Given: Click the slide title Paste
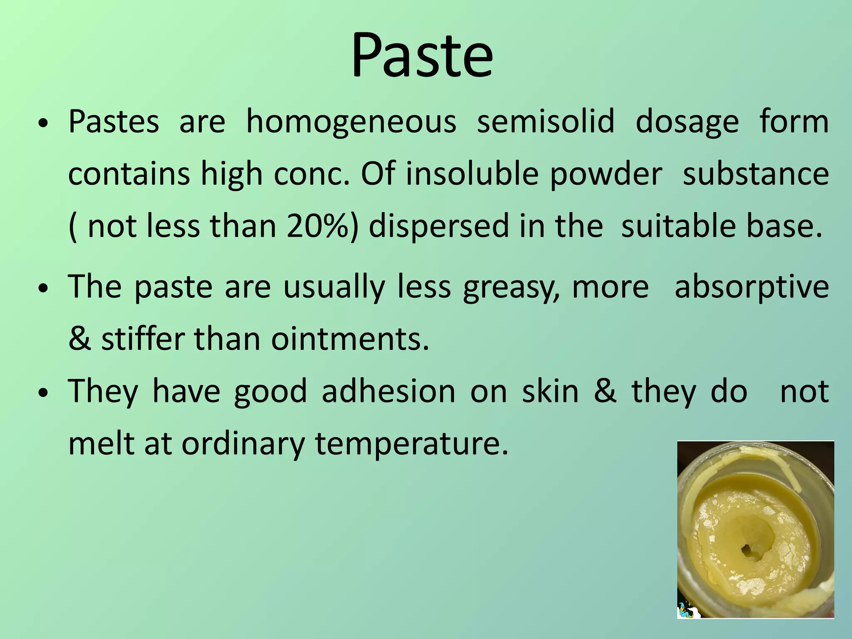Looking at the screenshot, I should coord(422,55).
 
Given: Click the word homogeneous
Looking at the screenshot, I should coord(351,122).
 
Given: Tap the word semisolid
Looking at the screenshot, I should coord(545,122).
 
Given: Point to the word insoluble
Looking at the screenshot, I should coord(472,173).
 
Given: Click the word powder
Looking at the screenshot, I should coord(606,174).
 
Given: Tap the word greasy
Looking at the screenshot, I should coord(511,287).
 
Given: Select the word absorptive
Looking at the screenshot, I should coord(752,287).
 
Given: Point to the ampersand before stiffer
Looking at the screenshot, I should coord(80,339).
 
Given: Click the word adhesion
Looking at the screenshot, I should coord(389,391).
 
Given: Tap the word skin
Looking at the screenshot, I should coord(550,391).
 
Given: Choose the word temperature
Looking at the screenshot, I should coord(411,444).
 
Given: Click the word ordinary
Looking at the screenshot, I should coord(243,444).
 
